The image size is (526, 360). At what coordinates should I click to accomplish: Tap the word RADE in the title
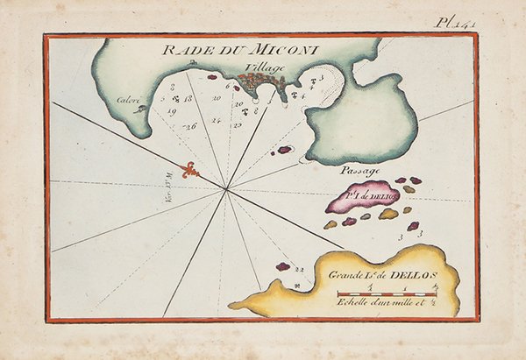(x=182, y=52)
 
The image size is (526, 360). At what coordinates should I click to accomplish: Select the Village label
(x=266, y=67)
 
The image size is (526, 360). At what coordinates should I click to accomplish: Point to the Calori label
(x=129, y=100)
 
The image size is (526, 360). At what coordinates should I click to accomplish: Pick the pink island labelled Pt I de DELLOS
(x=360, y=197)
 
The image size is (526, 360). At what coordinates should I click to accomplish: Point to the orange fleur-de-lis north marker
(x=189, y=170)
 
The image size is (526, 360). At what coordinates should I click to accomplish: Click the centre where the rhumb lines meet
(x=226, y=188)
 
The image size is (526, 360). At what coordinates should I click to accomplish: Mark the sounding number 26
(x=189, y=126)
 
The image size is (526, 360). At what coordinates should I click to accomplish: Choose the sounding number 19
(x=172, y=112)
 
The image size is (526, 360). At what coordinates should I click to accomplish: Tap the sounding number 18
(x=188, y=98)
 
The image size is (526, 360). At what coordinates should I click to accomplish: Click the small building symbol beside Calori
(x=137, y=109)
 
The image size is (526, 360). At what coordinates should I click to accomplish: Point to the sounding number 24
(x=215, y=120)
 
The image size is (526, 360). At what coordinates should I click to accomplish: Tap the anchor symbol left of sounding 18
(x=175, y=98)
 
